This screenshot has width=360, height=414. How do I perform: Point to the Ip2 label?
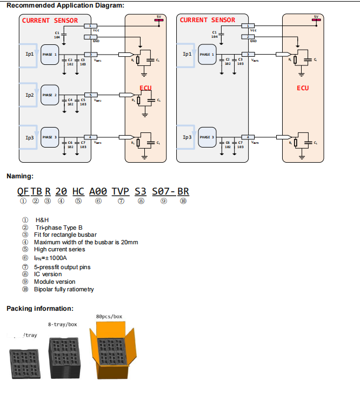coord(30,95)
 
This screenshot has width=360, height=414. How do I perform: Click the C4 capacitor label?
coord(70,100)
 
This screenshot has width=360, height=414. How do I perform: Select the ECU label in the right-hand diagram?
coord(302,88)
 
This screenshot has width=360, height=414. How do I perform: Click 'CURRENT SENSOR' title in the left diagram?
coord(50,21)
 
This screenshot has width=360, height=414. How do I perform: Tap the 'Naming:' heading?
coord(20,176)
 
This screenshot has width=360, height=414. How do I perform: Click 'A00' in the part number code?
coord(98,191)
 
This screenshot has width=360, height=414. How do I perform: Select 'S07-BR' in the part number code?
coord(171,191)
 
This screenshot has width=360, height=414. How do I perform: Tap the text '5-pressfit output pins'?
coord(62,267)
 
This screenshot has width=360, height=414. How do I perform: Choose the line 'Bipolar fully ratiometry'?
coord(64,289)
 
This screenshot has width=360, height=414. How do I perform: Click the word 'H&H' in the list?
coord(42,221)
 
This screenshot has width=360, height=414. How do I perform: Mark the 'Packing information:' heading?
coord(39,309)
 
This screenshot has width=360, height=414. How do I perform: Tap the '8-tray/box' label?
coord(62,325)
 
